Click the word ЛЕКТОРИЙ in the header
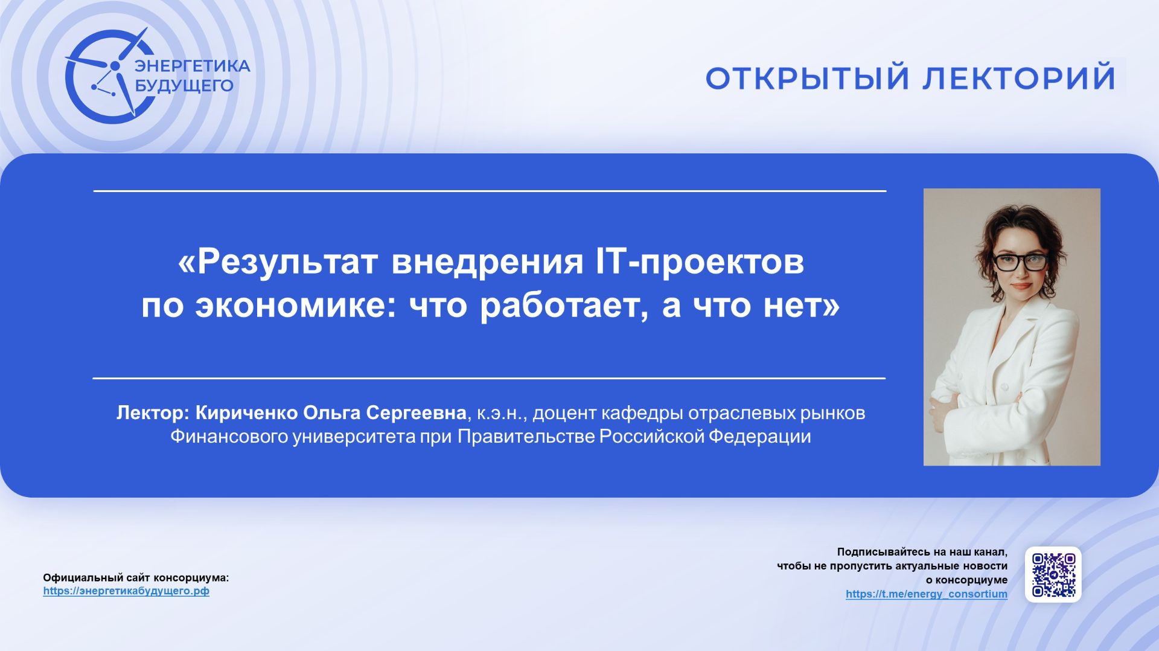tap(1020, 78)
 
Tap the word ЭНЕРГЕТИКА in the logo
tap(192, 66)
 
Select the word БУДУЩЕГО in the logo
tap(184, 86)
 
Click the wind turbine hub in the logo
tap(115, 65)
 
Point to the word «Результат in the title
tap(278, 261)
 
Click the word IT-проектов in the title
tap(700, 261)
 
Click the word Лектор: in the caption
tap(153, 413)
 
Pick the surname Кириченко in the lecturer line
tap(247, 413)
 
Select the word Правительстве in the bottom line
tap(526, 437)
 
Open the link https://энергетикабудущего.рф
tap(126, 591)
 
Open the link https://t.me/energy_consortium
tap(926, 594)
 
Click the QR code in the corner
tap(1053, 574)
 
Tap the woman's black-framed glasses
tap(1020, 262)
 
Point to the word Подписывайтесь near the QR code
tap(883, 552)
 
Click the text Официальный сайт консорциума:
tap(136, 578)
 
